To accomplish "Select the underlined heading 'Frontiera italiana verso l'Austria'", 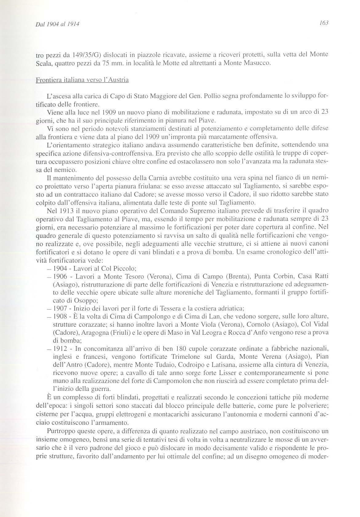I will [x=82, y=80].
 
